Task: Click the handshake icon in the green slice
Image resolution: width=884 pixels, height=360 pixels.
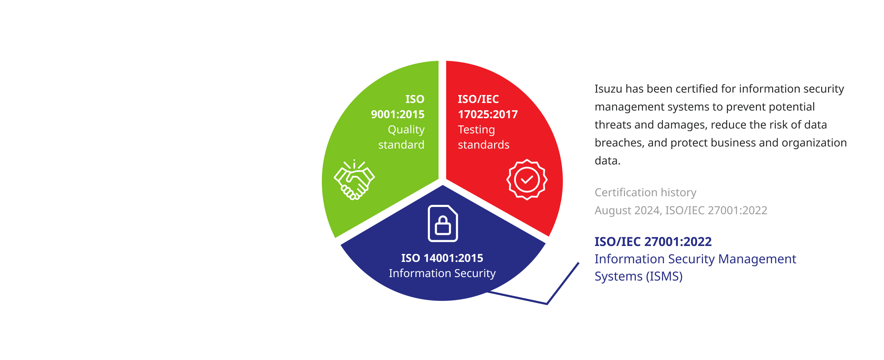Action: click(x=354, y=180)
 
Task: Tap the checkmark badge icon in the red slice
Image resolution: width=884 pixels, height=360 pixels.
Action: click(x=527, y=180)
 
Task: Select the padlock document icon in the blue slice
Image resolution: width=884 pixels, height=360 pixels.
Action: click(x=443, y=224)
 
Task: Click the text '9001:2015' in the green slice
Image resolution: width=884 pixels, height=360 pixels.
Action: click(x=398, y=114)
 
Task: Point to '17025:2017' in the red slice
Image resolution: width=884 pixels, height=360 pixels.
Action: click(x=488, y=114)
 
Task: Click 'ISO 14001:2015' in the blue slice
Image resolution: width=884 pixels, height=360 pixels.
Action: click(x=442, y=258)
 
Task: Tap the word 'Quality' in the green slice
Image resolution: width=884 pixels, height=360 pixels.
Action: click(x=406, y=130)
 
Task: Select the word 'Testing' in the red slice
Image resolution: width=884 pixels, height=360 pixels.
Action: click(x=477, y=130)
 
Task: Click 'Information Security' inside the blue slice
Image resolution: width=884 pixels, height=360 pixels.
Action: click(x=442, y=274)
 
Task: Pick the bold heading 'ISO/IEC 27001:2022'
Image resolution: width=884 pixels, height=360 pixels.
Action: click(x=653, y=242)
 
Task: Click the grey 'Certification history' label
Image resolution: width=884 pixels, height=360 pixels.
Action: click(x=645, y=192)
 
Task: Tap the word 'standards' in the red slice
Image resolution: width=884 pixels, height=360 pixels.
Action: click(x=483, y=145)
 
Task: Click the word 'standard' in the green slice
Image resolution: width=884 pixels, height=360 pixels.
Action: click(x=401, y=145)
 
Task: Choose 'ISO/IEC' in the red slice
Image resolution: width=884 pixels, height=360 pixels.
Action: click(x=478, y=99)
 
